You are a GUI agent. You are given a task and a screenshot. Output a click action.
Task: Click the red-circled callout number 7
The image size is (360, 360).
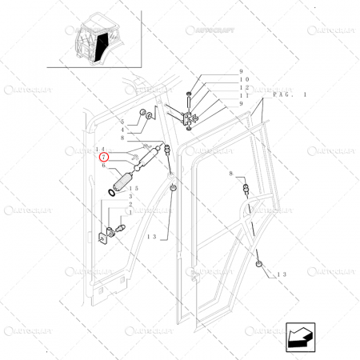pyautogui.click(x=102, y=158)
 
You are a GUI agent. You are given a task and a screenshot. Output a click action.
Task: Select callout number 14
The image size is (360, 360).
pyautogui.click(x=100, y=150)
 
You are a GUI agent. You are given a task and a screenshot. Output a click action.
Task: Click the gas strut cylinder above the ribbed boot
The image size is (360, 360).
pyautogui.click(x=144, y=163)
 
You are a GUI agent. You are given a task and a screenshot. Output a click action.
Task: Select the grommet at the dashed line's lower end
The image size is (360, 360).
pyautogui.click(x=259, y=264)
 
